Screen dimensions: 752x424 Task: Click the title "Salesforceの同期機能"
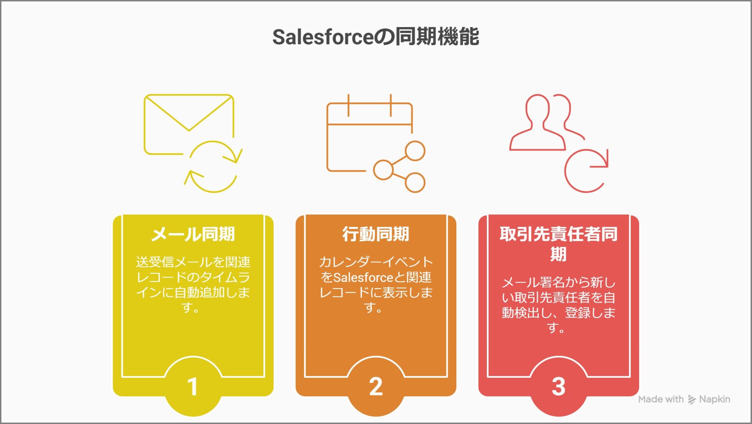[376, 37]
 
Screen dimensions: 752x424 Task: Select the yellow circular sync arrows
[213, 166]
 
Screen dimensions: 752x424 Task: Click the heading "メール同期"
[193, 234]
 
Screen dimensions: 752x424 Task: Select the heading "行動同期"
[376, 234]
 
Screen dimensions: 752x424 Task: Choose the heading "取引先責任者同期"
[559, 244]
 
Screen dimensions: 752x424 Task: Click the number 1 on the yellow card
[192, 386]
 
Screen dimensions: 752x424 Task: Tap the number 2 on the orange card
[376, 386]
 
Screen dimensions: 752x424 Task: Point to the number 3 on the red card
[559, 386]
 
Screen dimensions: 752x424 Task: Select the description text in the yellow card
[193, 284]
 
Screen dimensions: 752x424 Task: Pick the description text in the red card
[559, 305]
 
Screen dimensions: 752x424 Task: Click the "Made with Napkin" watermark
[684, 399]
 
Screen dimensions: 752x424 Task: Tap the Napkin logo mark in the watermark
[692, 400]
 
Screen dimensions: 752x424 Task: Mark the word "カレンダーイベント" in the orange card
[376, 262]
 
